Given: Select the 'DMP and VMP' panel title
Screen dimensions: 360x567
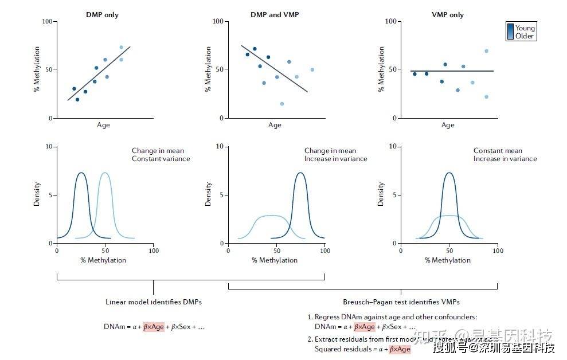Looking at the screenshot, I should [x=275, y=14].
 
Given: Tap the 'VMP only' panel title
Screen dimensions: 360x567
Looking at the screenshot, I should [x=448, y=14].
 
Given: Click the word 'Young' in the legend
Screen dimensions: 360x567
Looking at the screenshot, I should [x=525, y=28].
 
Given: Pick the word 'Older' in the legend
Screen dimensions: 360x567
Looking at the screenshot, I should [x=525, y=36].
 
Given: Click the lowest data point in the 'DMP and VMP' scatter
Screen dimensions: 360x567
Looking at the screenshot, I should [x=282, y=104].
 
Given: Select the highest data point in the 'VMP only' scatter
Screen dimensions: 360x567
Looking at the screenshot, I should [x=486, y=51].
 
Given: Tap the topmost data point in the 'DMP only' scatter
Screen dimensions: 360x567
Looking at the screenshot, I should [x=121, y=48].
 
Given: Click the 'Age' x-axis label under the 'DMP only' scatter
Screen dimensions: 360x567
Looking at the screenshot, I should [x=103, y=125].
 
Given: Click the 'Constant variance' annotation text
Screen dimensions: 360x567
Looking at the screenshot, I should [x=161, y=159].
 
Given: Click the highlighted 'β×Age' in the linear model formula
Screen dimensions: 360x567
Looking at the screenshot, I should [x=154, y=327].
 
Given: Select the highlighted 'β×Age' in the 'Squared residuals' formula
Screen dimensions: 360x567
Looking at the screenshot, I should [x=400, y=349].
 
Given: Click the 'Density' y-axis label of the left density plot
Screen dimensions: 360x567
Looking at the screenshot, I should [x=37, y=194].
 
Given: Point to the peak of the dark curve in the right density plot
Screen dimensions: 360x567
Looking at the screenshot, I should [x=449, y=173].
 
